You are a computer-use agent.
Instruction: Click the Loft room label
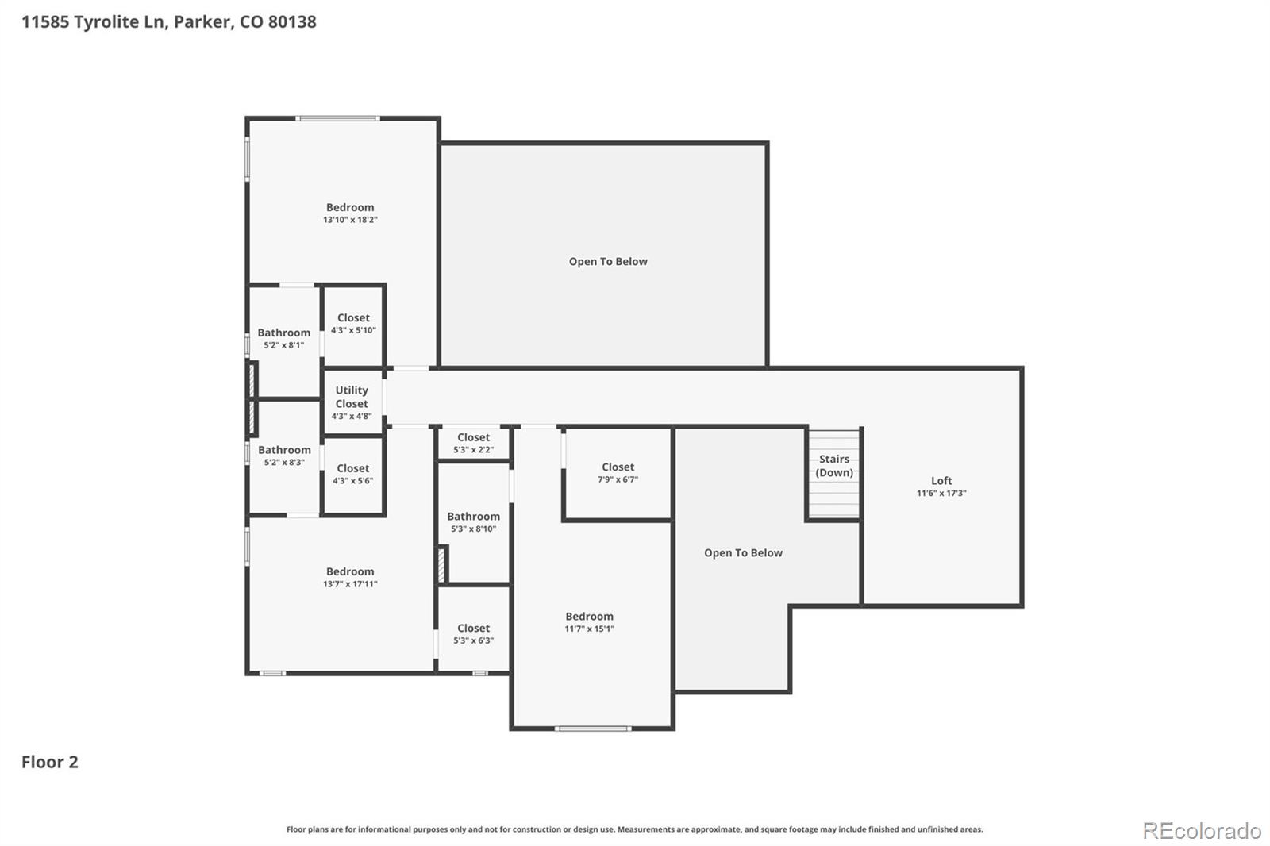tap(941, 481)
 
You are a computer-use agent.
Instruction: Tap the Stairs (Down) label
tap(834, 466)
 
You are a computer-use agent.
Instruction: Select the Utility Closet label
tap(352, 397)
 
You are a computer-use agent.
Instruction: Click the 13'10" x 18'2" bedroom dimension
tap(350, 220)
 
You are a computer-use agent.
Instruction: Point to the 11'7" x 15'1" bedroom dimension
tap(589, 629)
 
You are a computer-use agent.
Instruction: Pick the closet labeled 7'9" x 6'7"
tap(618, 473)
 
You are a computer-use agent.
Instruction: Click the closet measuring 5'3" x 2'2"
tap(473, 443)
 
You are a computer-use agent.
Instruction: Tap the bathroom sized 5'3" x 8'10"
tap(473, 521)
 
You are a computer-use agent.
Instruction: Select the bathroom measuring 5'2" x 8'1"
tap(283, 338)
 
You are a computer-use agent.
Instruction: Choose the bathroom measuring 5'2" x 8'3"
tap(284, 455)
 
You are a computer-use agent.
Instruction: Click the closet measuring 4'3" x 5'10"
tap(353, 323)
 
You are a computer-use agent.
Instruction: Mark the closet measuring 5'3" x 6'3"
tap(473, 633)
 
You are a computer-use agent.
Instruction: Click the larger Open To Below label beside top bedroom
tap(608, 262)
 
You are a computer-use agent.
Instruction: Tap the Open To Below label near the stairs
tap(743, 553)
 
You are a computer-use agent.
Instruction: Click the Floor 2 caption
tap(49, 762)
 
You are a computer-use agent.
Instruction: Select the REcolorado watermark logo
tap(1202, 830)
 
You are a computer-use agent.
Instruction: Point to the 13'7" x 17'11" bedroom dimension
tap(350, 584)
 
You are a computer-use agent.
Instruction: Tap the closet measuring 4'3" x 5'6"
tap(353, 474)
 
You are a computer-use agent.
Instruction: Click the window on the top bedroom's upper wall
tap(337, 119)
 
